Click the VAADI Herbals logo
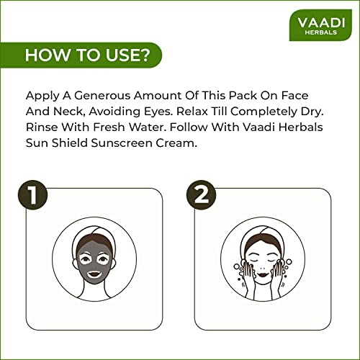(x=320, y=25)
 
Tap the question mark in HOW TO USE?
(x=145, y=55)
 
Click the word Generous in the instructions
(x=102, y=96)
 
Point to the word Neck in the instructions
(x=69, y=112)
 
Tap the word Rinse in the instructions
(x=42, y=127)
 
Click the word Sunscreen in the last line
(x=122, y=143)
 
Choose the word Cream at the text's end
(x=176, y=143)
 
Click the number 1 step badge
(x=33, y=195)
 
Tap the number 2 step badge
(x=202, y=195)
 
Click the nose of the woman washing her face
(x=263, y=268)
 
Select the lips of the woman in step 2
(x=263, y=274)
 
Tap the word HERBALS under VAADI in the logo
(x=321, y=32)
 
